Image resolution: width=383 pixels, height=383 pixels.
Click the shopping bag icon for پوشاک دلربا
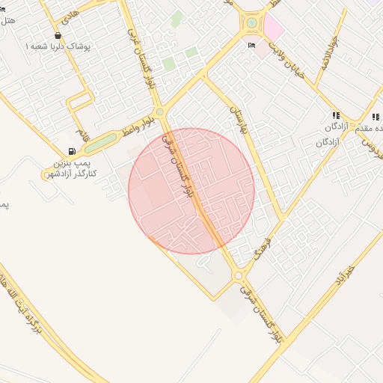tap(58, 36)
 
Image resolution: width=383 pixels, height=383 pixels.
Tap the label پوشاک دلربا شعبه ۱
tap(58, 47)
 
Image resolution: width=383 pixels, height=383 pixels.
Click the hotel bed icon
tap(252, 46)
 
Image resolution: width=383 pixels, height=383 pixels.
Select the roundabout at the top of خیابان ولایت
tap(252, 22)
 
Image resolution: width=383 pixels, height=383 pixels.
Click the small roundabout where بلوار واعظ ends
tap(159, 112)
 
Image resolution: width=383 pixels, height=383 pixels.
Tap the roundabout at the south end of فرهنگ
tap(239, 276)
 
